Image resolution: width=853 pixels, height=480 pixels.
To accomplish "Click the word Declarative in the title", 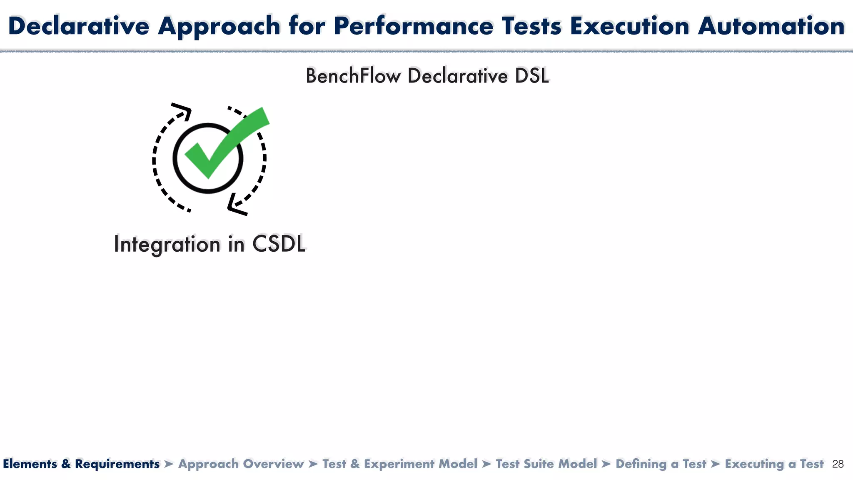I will [x=78, y=26].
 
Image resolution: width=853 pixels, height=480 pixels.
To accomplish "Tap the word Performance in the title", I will [x=413, y=26].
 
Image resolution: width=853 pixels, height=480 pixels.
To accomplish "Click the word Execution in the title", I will [x=630, y=26].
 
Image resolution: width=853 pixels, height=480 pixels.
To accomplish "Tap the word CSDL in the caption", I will [x=279, y=244].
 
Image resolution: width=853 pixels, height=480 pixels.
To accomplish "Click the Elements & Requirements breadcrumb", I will [x=81, y=464].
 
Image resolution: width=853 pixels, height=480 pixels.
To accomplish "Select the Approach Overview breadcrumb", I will [x=241, y=464].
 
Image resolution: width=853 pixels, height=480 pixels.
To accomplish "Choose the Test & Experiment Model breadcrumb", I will [x=400, y=464].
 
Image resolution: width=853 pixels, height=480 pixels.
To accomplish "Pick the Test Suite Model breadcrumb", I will [x=546, y=464].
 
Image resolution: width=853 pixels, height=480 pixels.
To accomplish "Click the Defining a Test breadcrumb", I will [x=661, y=464].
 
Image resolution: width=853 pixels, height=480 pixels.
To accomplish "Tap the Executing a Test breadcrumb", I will [x=774, y=464].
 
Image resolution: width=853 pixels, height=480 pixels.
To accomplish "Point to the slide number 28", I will [x=838, y=464].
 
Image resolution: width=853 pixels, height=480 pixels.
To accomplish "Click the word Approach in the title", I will [x=219, y=26].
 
